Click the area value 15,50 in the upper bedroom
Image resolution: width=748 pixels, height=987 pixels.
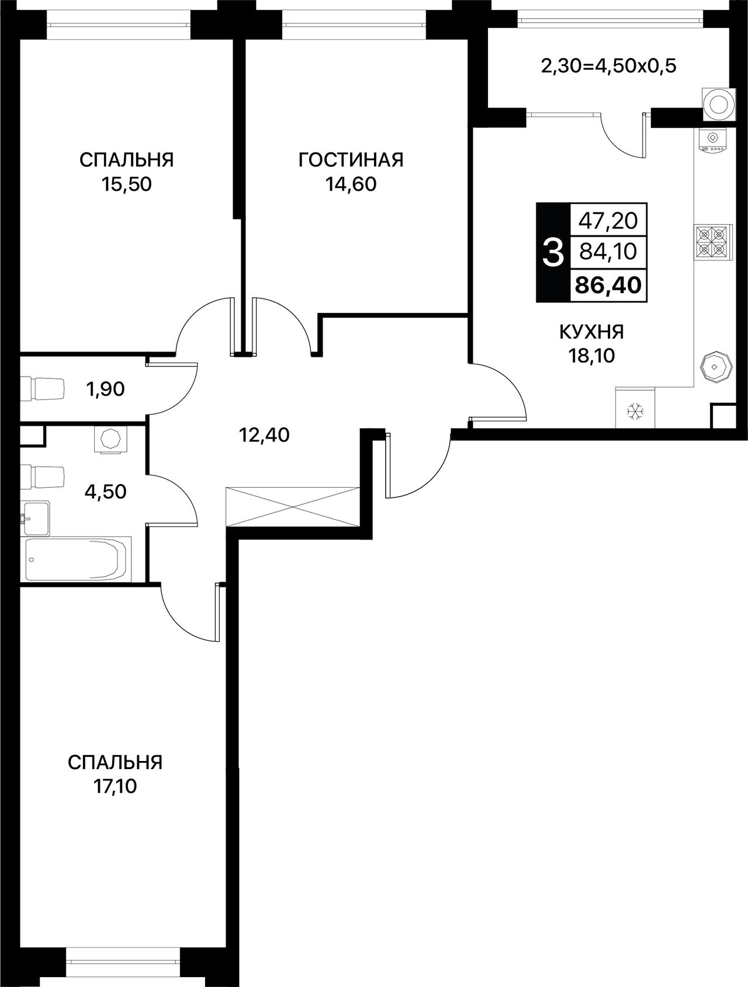[x=126, y=185]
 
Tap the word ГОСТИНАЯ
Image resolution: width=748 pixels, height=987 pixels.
[x=351, y=159]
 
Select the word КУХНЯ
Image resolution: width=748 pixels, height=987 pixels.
[x=591, y=332]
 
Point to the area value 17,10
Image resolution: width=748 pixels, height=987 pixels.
[x=115, y=787]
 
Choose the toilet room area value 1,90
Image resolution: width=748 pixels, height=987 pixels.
[x=105, y=388]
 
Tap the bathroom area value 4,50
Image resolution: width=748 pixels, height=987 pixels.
[x=105, y=491]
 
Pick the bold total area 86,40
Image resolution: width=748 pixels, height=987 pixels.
[x=608, y=285]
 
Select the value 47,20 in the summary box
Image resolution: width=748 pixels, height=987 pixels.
[x=608, y=221]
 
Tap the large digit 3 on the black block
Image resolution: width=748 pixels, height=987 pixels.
[x=553, y=253]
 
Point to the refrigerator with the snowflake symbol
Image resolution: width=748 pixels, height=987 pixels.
[x=635, y=408]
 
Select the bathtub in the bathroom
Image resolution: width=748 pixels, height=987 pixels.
[x=76, y=559]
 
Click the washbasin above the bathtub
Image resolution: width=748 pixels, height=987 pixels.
[x=35, y=517]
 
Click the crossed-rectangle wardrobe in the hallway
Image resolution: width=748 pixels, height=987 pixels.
[x=292, y=507]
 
